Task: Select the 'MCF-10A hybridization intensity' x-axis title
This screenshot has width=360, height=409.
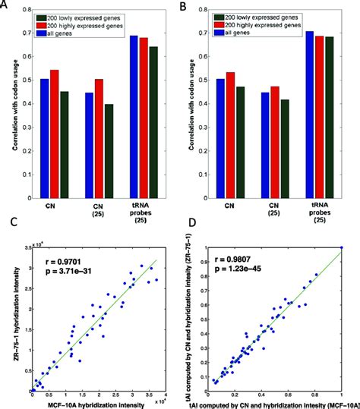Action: coord(99,402)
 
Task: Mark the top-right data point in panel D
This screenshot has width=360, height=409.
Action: coord(342,247)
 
